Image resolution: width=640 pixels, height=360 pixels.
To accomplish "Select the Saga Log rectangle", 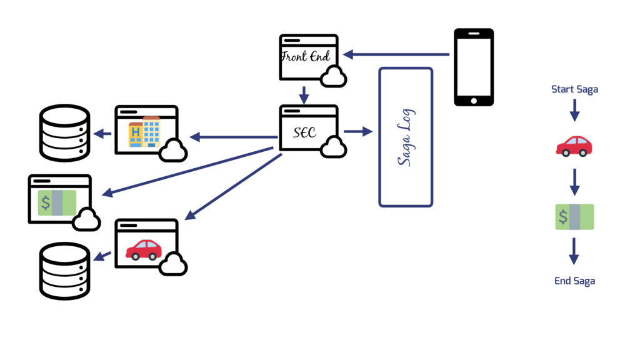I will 406,137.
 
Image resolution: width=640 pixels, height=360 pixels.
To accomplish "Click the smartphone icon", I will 473,66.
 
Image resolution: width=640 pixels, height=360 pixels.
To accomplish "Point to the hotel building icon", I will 144,132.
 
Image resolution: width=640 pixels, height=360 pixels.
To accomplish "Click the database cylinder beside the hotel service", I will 65,132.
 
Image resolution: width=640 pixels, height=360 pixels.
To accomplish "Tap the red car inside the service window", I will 144,249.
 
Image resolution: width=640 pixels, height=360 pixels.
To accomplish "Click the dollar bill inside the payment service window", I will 57,202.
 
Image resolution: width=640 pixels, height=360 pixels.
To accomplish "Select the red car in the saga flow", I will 574,145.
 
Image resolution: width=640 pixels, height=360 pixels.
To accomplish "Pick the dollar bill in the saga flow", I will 574,216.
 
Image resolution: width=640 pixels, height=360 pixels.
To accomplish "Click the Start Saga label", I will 574,89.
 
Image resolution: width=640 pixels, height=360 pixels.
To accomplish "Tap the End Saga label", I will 574,281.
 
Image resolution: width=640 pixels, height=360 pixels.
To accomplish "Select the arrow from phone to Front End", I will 396,55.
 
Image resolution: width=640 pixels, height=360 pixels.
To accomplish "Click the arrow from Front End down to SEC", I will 304,95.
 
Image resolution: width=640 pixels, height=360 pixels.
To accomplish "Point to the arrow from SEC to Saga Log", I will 357,132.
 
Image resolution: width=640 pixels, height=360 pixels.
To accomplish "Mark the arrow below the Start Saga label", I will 574,110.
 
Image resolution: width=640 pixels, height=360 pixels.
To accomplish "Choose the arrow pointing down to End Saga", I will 574,251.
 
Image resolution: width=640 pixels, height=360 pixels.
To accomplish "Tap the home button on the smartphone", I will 473,100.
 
